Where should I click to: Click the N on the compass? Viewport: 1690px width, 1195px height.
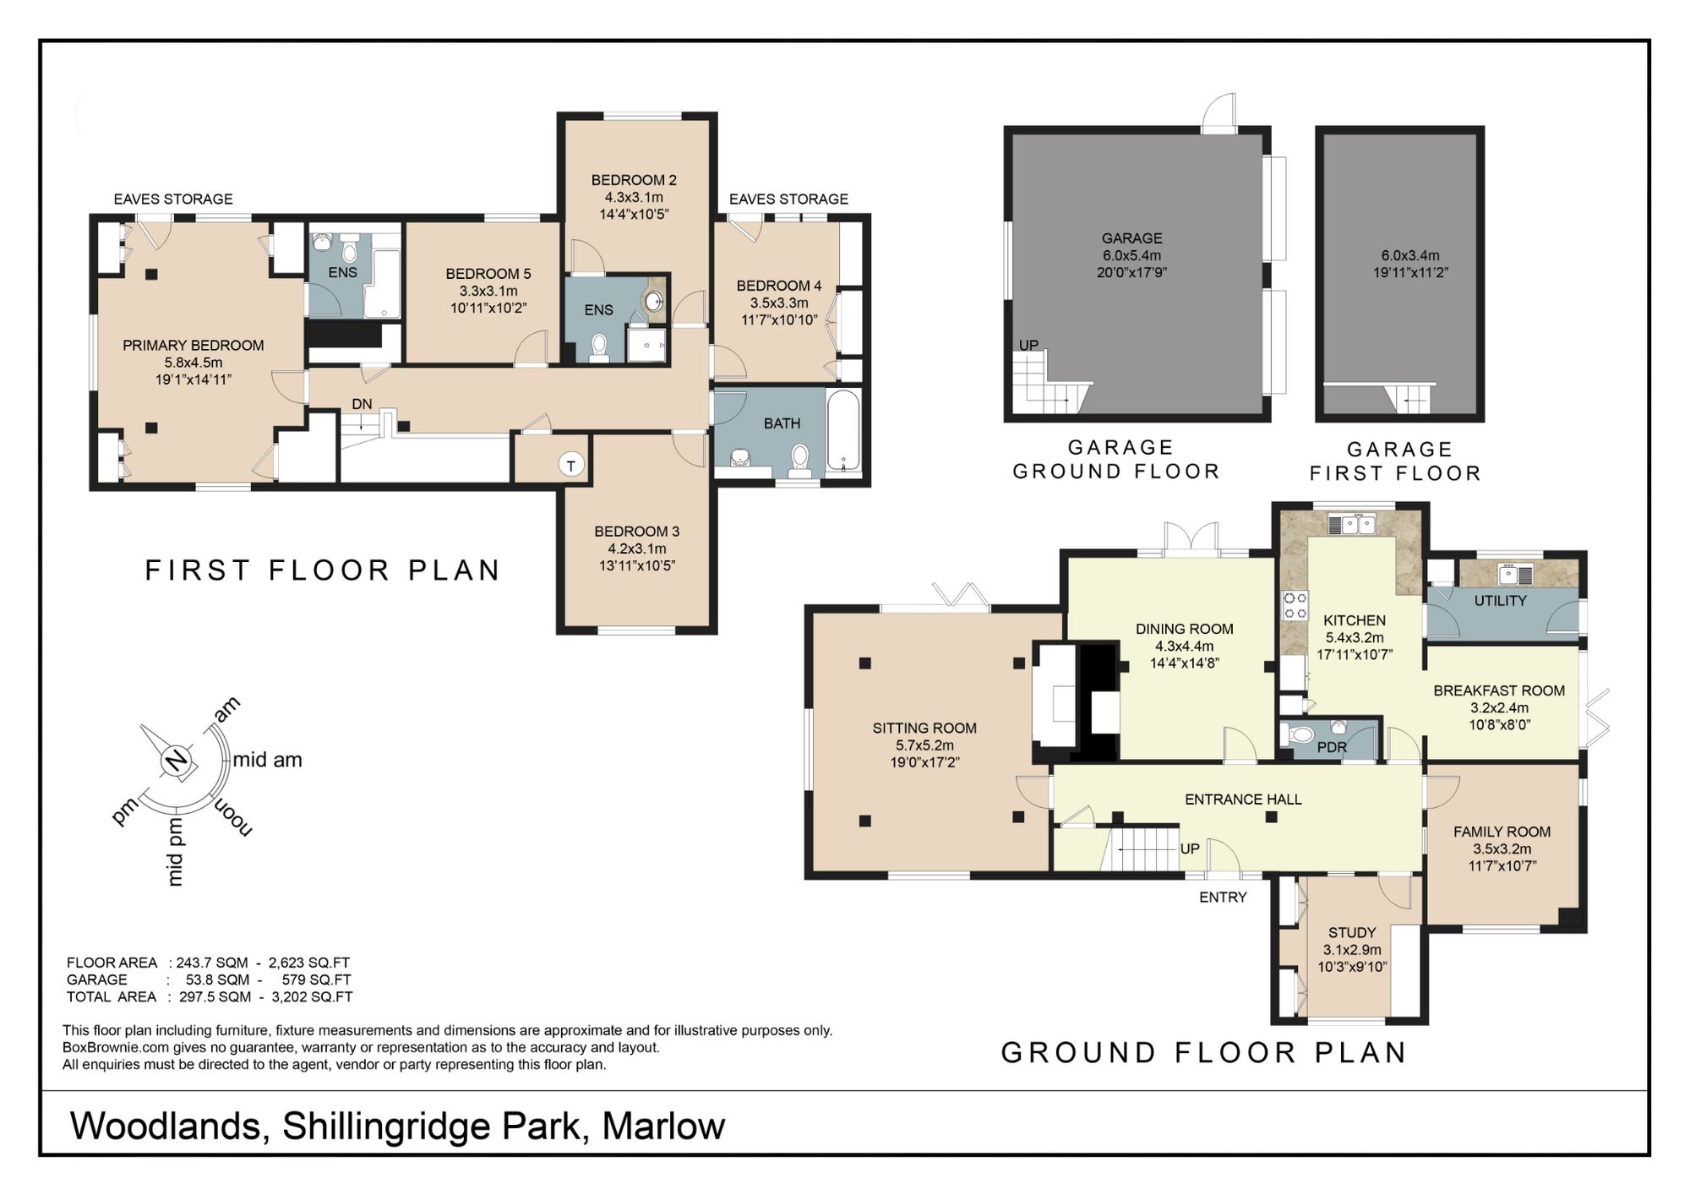click(176, 761)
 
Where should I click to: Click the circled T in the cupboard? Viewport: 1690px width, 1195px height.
click(572, 466)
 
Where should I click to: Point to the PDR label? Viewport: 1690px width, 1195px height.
click(1332, 747)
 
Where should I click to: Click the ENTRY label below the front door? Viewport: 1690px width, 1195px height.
click(1223, 898)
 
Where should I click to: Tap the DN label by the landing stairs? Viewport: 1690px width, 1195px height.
click(362, 404)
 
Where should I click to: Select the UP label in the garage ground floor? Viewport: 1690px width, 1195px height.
click(1028, 345)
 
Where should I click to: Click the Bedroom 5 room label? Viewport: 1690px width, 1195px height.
click(488, 274)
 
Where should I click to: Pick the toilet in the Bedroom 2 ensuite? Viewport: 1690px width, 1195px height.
click(599, 346)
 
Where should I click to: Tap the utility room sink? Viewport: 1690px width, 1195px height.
click(1509, 575)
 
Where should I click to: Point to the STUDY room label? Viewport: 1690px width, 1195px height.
click(1352, 932)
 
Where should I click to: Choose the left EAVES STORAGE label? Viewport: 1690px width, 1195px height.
click(173, 199)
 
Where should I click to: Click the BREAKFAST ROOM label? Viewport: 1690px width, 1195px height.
click(1499, 690)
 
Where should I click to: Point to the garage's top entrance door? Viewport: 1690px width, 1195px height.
click(1219, 114)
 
